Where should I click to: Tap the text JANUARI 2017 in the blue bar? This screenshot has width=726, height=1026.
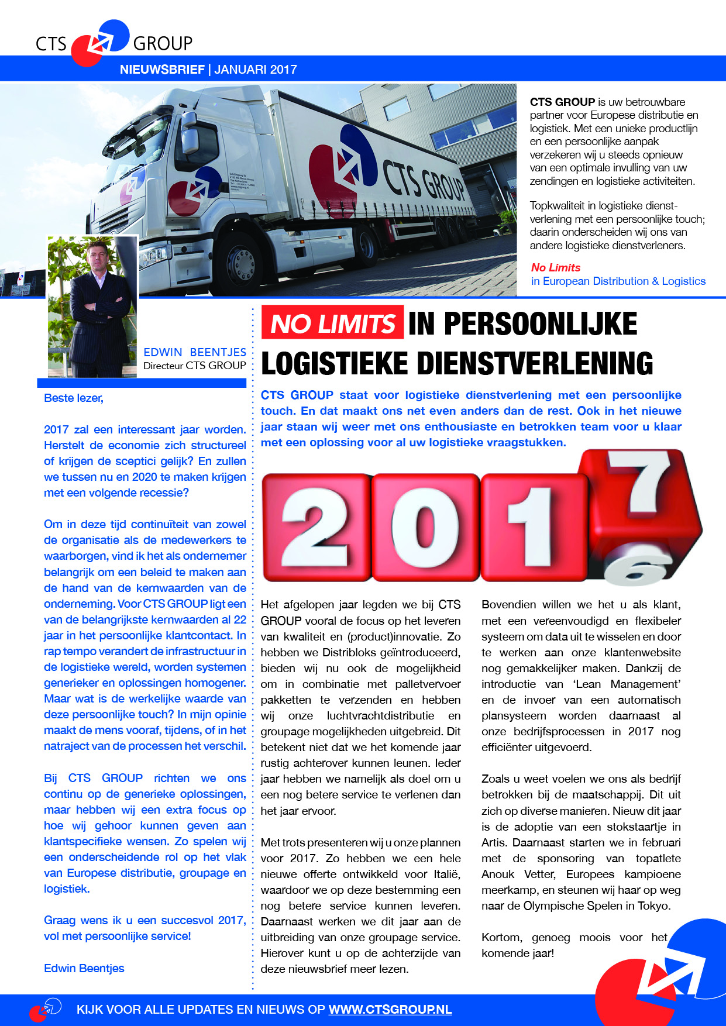(x=256, y=70)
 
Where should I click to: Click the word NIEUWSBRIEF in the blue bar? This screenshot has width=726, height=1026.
(x=162, y=70)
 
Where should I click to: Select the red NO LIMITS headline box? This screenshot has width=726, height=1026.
(x=332, y=323)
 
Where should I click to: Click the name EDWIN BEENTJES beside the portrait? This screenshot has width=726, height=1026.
(x=195, y=352)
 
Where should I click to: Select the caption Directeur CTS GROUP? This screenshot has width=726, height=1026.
(x=195, y=366)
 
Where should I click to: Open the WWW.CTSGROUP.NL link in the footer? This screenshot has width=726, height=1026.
(x=390, y=1010)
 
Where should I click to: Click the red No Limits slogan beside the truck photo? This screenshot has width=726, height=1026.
(x=556, y=267)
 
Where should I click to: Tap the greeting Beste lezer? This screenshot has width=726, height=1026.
(x=74, y=398)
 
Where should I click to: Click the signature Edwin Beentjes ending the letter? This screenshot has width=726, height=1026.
(x=84, y=968)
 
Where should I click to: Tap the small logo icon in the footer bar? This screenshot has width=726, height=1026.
(x=46, y=1010)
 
